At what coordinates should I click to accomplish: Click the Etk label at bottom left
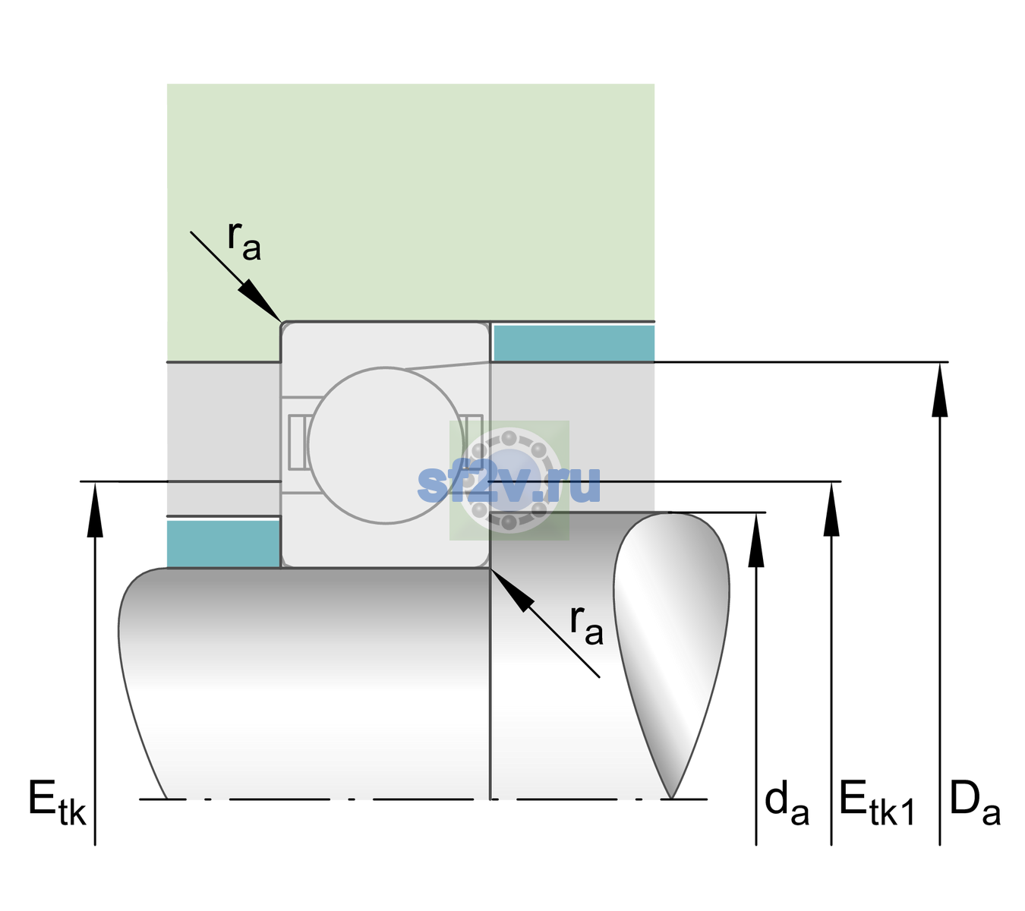click(x=57, y=802)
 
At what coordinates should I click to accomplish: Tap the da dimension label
click(x=787, y=802)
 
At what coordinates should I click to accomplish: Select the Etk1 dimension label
click(x=877, y=802)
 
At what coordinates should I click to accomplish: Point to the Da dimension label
click(x=975, y=802)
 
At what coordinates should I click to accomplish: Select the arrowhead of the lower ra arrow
click(x=512, y=591)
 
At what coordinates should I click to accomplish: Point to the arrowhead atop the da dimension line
click(x=756, y=540)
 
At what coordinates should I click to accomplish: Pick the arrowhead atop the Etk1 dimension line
click(x=831, y=509)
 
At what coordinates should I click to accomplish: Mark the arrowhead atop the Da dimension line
click(x=939, y=390)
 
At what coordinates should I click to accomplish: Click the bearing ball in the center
click(x=386, y=445)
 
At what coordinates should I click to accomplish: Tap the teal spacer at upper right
click(x=574, y=342)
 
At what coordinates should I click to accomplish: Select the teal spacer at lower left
click(x=223, y=544)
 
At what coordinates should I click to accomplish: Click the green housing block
click(x=410, y=203)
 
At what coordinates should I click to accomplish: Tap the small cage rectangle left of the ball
click(x=296, y=443)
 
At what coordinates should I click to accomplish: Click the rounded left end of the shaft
click(x=142, y=683)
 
